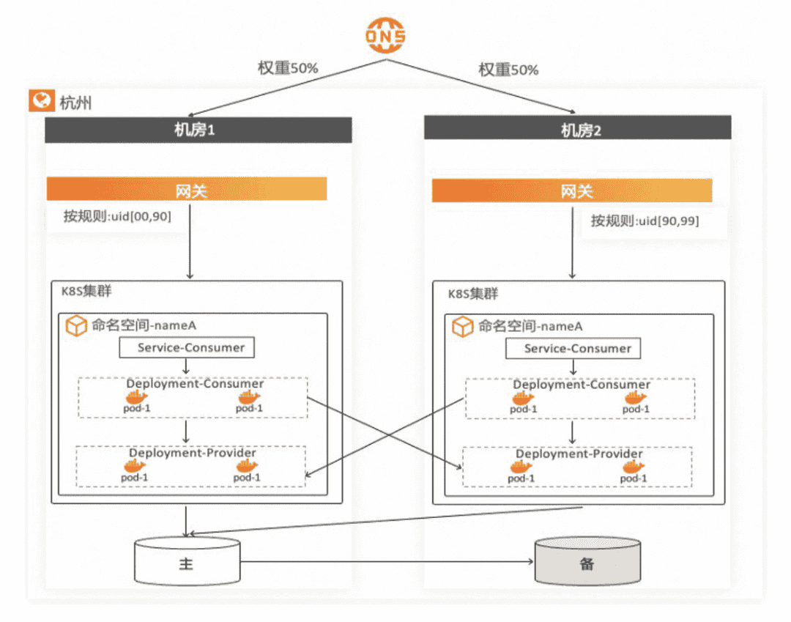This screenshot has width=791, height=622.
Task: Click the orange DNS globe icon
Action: click(386, 36)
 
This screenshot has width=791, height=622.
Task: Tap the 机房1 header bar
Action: click(198, 130)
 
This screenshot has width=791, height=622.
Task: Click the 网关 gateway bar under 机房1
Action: click(187, 189)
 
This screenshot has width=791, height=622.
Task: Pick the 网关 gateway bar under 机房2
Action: click(572, 191)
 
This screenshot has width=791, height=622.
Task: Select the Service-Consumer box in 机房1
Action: click(187, 347)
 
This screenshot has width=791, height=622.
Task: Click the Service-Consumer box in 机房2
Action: click(573, 349)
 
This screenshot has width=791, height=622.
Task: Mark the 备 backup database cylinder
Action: click(587, 563)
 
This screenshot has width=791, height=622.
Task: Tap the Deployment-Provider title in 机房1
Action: click(193, 453)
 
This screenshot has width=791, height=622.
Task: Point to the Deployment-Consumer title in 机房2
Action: click(582, 385)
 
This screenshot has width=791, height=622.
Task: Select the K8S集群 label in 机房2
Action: click(473, 294)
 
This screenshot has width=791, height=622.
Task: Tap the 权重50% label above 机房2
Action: click(508, 70)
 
